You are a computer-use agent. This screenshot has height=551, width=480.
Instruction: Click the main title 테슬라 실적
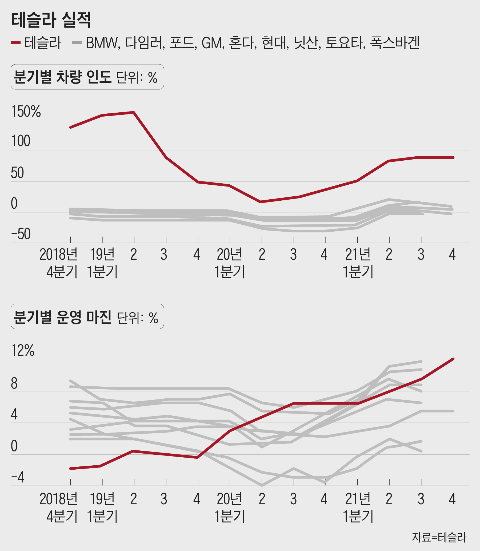[x=51, y=20]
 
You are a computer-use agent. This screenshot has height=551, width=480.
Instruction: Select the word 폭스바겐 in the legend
[x=395, y=43]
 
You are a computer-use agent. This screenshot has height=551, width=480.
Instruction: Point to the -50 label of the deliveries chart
[x=21, y=234]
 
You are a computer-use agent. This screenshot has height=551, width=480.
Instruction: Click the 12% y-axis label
[x=22, y=350]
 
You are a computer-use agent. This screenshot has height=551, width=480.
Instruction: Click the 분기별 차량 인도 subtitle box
[x=87, y=77]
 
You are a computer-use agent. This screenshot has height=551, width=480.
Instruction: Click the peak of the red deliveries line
[x=134, y=112]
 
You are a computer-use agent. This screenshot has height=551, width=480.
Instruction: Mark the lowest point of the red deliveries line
[x=260, y=202]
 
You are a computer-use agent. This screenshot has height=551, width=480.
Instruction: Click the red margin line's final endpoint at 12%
[x=453, y=359]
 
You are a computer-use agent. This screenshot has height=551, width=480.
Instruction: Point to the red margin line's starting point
[x=70, y=469]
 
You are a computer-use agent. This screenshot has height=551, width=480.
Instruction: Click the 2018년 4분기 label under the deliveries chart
[x=59, y=263]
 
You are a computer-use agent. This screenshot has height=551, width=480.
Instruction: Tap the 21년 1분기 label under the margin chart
[x=358, y=507]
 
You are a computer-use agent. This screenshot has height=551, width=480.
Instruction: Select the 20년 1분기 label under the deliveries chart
[x=229, y=263]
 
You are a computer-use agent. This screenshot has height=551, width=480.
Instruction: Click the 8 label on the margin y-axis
[x=14, y=384]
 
